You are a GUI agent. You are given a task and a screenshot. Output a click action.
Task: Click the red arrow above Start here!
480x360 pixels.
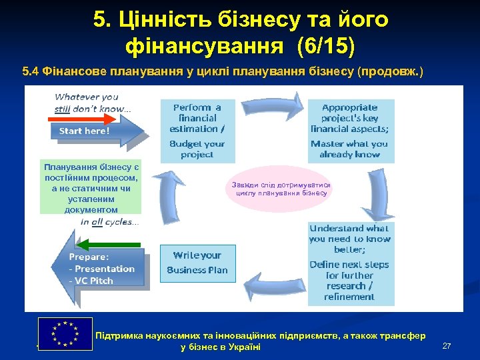tap(82, 119)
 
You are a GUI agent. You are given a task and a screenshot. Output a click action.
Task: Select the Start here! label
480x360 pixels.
tap(84, 131)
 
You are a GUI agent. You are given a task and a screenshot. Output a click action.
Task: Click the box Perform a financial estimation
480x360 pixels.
tap(197, 118)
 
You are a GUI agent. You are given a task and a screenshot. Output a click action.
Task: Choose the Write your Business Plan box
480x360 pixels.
tap(197, 263)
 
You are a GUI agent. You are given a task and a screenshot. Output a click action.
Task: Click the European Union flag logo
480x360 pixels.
tap(65, 333)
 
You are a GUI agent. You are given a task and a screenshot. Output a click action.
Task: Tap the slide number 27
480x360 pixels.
tap(447, 346)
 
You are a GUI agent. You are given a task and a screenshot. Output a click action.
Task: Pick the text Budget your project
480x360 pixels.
tap(197, 149)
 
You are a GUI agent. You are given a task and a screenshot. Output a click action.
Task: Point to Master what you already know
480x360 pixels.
tap(349, 149)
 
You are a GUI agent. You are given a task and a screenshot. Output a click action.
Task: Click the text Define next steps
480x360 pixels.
tap(349, 265)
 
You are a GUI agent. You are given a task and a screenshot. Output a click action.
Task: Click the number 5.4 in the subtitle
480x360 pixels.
tap(31, 71)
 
